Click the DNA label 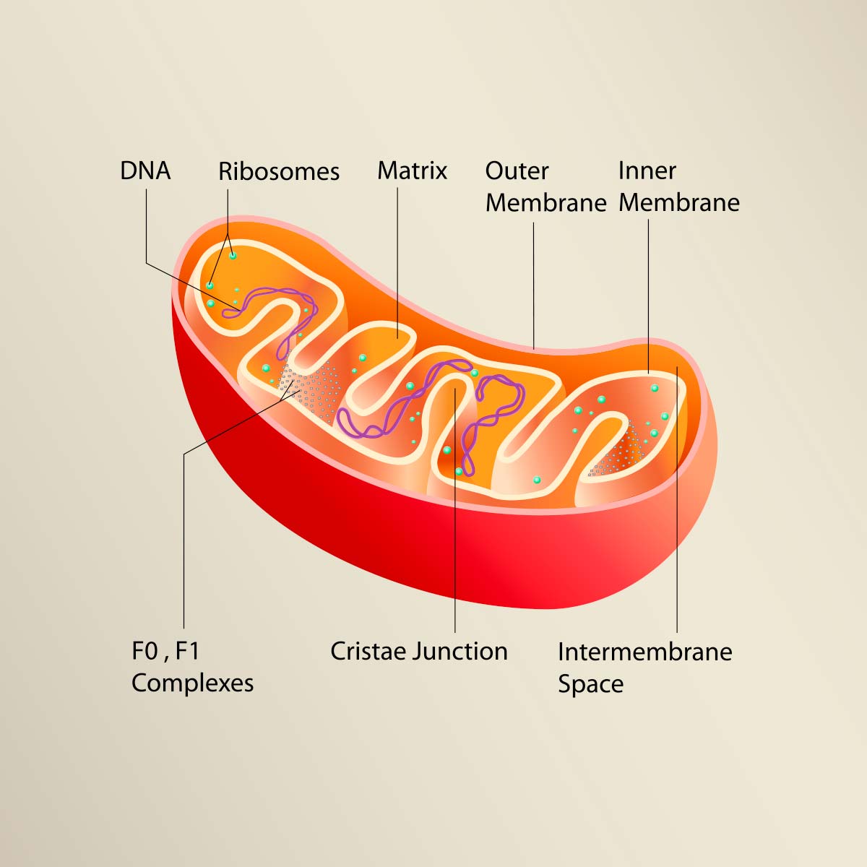point(145,171)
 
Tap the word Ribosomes point(279,171)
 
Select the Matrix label point(412,171)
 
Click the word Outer point(517,171)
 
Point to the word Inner point(647,171)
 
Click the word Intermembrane point(645,652)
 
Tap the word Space point(591,685)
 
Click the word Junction point(460,651)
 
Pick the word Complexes point(193,683)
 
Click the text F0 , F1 point(165,651)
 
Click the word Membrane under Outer point(546,203)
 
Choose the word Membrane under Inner point(679,203)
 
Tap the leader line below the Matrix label point(397,263)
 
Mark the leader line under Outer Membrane point(534,285)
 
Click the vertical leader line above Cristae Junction point(455,510)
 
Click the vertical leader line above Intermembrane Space point(677,499)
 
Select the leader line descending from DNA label point(146,225)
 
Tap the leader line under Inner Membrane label point(648,296)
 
